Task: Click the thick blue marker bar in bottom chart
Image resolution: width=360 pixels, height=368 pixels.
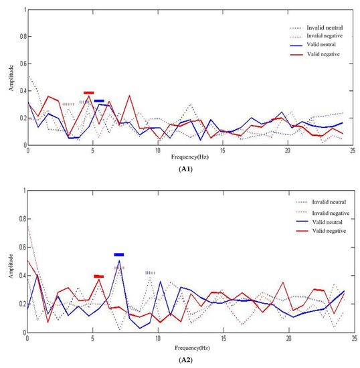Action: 119,255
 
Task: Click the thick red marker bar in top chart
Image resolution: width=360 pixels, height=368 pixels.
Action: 89,93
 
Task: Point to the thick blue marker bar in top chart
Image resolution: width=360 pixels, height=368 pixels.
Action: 99,101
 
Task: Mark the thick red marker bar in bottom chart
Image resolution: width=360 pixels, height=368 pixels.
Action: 98,276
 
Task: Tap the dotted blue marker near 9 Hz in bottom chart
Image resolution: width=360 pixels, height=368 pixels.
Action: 150,273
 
